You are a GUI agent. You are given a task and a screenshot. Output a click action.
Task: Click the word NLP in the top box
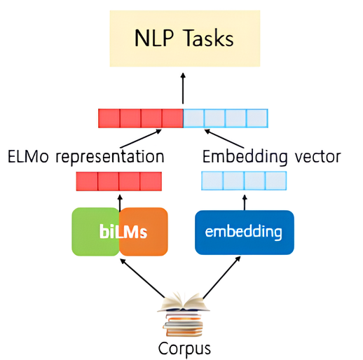coord(154,38)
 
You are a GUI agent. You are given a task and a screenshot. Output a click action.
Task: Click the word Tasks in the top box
coord(209,38)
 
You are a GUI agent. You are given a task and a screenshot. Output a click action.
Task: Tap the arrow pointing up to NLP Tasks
coord(183,88)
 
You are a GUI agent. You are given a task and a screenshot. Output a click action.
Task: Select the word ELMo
coord(28,156)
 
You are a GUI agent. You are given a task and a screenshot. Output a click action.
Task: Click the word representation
coord(110,158)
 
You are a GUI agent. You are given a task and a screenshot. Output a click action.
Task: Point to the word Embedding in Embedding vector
coord(245,157)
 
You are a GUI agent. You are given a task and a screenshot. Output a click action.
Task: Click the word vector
coord(317,157)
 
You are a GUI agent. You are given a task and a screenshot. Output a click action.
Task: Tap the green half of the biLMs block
coord(95,231)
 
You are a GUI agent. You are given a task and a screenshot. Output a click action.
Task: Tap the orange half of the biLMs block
coord(144,231)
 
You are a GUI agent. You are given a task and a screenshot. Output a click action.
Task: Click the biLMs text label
coord(123,232)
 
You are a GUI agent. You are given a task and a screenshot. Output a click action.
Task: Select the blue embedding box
coord(245,233)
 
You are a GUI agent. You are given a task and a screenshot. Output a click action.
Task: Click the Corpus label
coord(184,349)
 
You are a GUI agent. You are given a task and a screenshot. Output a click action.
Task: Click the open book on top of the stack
coord(184,303)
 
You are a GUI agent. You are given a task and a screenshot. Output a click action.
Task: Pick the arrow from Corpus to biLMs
coord(142,278)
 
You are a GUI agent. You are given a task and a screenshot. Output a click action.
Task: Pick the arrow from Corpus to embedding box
coord(221,277)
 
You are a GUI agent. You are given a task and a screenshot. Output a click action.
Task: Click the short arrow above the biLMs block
coord(120,204)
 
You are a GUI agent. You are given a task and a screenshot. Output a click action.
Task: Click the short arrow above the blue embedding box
coord(245,203)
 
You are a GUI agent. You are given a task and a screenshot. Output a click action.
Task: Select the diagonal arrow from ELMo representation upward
coord(141,139)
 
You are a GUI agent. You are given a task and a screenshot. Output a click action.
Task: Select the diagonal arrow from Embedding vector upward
coord(224,139)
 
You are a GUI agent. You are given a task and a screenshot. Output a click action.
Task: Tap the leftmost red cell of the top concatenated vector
coord(109,118)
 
